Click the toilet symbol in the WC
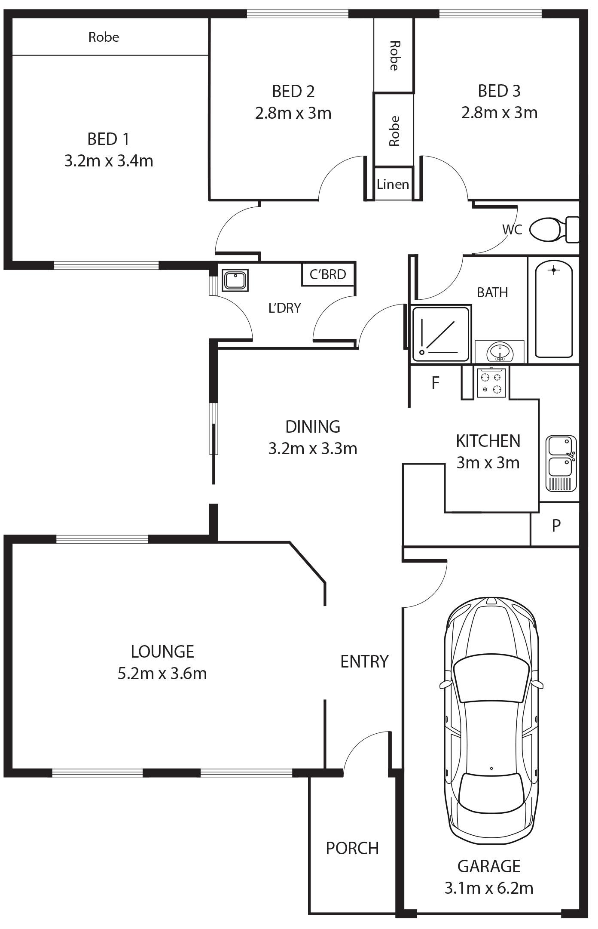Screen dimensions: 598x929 tap(554, 230)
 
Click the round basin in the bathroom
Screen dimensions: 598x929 tap(500, 352)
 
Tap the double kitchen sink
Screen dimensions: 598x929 tap(561, 463)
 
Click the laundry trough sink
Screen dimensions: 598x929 tap(235, 280)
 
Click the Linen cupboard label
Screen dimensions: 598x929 tap(393, 185)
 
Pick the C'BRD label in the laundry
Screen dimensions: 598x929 tap(328, 274)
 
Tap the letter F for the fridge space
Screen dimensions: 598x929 tap(435, 382)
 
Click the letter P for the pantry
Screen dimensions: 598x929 tap(556, 525)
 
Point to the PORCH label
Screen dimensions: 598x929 tap(352, 848)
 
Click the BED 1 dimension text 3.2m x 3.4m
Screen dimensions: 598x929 tap(109, 161)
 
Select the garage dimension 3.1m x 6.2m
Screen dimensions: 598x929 tap(489, 888)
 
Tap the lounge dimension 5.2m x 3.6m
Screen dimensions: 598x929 tap(162, 673)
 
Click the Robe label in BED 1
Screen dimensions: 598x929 tap(104, 37)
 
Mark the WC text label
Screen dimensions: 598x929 tap(512, 230)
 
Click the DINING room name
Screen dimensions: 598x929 tap(313, 427)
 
